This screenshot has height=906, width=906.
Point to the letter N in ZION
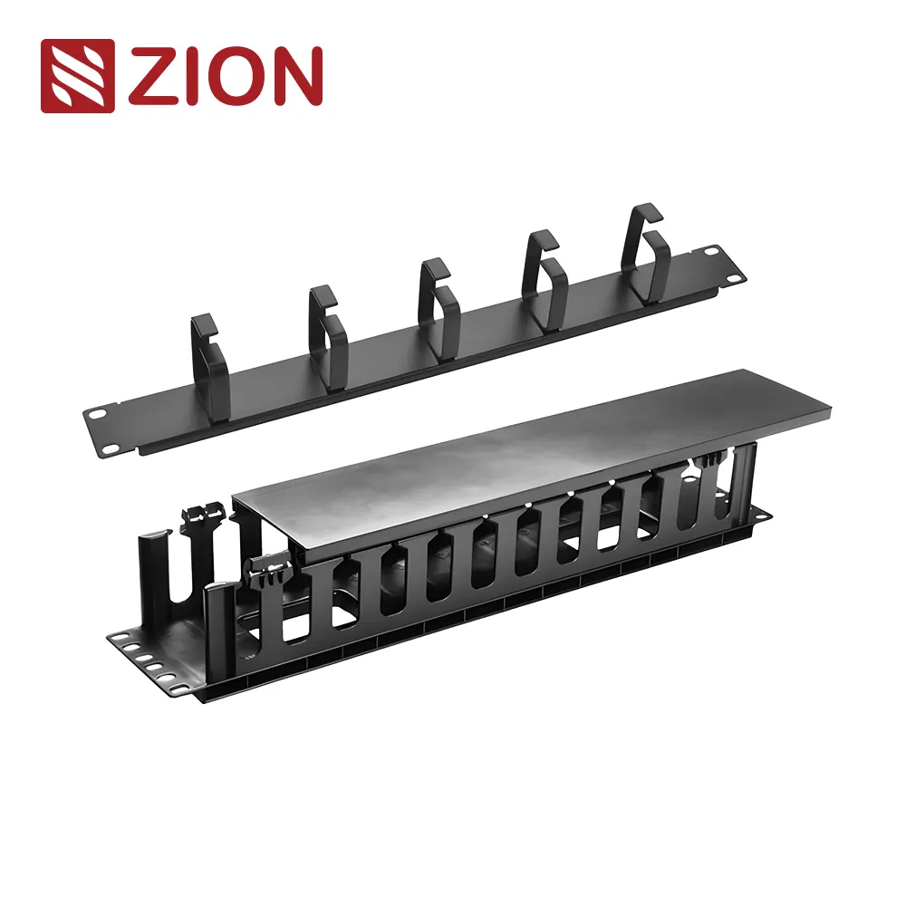(x=295, y=76)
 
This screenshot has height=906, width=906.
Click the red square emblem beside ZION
(x=77, y=76)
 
